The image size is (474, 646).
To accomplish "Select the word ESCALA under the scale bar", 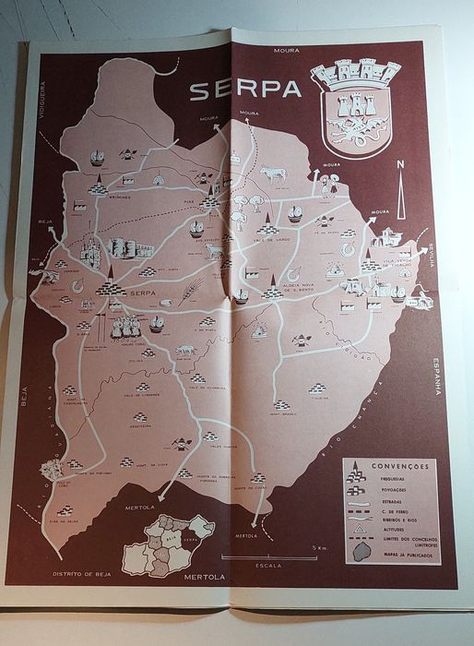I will tap(270, 565).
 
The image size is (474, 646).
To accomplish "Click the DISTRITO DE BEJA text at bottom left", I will tap(82, 573).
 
